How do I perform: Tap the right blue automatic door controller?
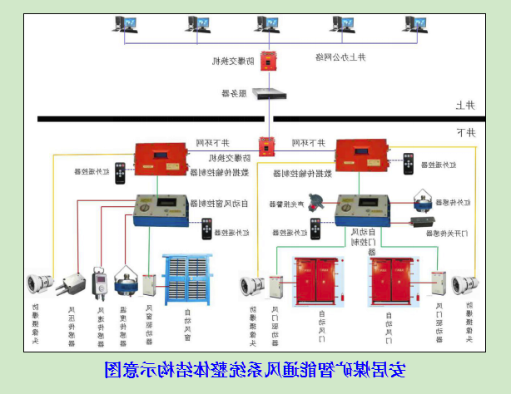pos(365,209)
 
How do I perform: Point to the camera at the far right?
pos(463,283)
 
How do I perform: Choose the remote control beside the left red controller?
pos(122,172)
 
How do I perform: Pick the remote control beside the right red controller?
pos(409,163)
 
